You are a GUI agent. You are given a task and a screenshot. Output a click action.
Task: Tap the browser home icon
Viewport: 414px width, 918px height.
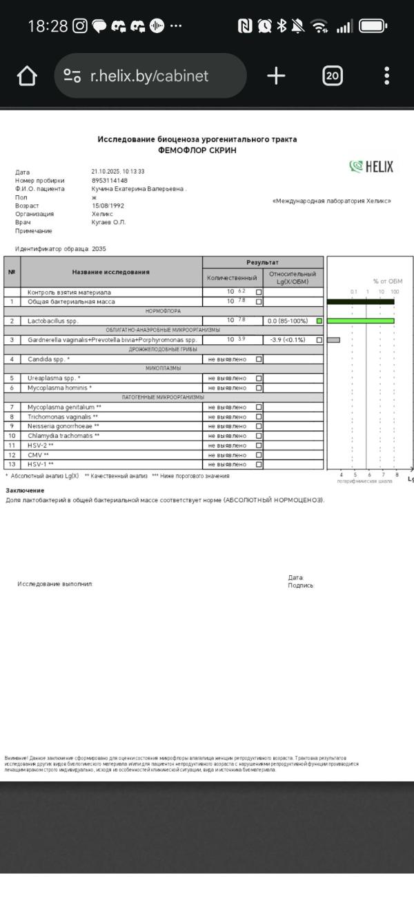click(x=27, y=76)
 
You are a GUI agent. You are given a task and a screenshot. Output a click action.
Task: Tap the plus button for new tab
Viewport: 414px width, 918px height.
click(x=276, y=76)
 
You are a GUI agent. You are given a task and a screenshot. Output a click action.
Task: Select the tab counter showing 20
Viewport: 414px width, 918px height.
click(x=333, y=76)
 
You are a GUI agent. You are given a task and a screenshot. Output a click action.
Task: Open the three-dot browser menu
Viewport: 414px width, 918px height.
click(x=387, y=76)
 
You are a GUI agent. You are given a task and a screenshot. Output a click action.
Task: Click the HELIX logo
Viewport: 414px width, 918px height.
click(x=371, y=166)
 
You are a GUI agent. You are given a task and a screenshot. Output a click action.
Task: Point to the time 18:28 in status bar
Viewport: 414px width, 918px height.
click(x=48, y=26)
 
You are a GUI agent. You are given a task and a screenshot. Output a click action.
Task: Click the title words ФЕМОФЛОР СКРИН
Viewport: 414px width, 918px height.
click(x=197, y=150)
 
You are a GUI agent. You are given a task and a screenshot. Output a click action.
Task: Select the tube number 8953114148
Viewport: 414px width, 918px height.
click(x=110, y=181)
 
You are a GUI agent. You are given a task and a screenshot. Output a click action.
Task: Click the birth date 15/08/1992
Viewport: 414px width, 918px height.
click(x=108, y=206)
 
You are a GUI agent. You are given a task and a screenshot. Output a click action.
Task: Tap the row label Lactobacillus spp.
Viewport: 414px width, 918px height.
click(x=53, y=321)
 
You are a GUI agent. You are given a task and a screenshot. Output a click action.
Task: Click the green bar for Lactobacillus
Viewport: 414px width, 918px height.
click(x=360, y=321)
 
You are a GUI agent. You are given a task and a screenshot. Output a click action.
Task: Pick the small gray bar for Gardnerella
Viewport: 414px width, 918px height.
click(x=333, y=340)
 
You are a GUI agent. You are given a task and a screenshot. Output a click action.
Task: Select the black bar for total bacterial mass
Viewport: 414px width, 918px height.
click(x=360, y=301)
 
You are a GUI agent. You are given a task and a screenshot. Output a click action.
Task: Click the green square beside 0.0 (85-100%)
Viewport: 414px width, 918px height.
click(x=319, y=321)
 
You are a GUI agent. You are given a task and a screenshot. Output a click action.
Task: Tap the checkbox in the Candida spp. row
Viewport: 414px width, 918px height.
click(x=259, y=359)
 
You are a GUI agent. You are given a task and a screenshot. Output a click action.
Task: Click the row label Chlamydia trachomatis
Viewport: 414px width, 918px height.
click(x=64, y=436)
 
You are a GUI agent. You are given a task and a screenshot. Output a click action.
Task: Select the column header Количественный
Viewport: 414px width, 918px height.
click(x=232, y=277)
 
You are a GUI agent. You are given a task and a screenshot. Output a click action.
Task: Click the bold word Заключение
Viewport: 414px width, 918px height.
click(x=25, y=490)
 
